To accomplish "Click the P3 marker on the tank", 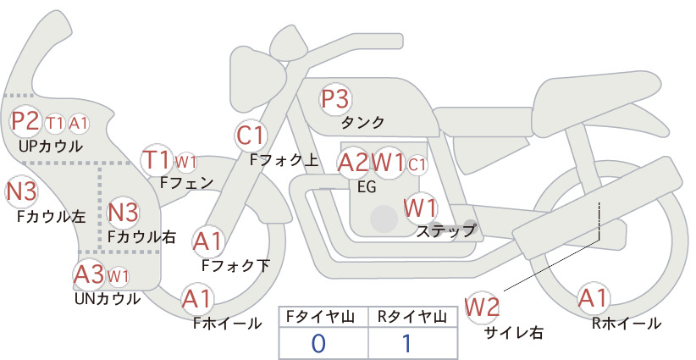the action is click(x=335, y=98).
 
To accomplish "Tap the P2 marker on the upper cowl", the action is click(x=25, y=121).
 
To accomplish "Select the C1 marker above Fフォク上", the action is click(x=251, y=136).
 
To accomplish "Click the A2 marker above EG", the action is click(x=353, y=163).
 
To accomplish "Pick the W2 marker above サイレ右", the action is click(x=482, y=307).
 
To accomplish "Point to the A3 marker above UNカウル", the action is click(x=89, y=274).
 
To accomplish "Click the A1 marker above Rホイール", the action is click(x=593, y=298).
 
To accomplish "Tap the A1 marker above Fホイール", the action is click(x=196, y=299).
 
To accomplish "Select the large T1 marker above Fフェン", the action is click(x=156, y=160).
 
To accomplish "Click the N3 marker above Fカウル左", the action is click(x=21, y=192).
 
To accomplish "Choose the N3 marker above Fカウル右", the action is click(x=124, y=213).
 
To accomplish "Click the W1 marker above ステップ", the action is click(x=420, y=208).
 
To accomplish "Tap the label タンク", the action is click(x=362, y=123).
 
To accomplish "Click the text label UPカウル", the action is click(x=51, y=147).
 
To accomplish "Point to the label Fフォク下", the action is click(x=235, y=265).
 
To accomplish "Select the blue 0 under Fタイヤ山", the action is click(x=318, y=344).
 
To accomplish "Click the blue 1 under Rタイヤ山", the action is click(x=406, y=344).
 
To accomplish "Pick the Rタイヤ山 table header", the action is click(x=412, y=317).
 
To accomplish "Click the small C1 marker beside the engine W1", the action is click(x=417, y=165).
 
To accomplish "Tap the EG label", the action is click(x=367, y=187).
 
